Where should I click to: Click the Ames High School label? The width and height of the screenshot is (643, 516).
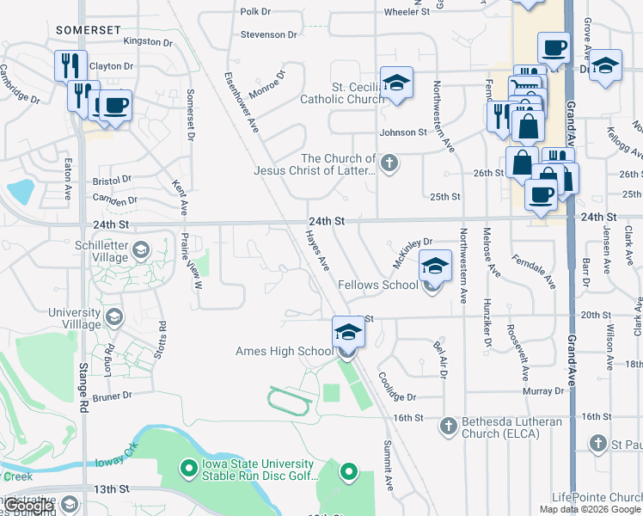284,351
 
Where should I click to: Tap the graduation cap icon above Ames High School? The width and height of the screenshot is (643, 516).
348,331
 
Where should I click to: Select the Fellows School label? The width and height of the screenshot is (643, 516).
378,285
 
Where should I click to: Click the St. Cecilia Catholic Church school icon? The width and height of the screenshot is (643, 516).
396,83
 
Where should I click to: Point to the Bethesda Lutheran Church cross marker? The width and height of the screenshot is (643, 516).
448,426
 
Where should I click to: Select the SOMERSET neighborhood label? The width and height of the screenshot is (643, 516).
88,30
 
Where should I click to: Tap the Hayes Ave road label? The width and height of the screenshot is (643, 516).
318,249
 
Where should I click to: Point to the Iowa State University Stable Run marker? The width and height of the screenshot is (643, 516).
188,469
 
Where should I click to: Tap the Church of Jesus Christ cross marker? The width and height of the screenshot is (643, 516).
389,163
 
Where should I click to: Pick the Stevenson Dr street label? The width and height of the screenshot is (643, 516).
269,34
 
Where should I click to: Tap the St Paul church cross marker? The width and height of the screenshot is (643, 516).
599,444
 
